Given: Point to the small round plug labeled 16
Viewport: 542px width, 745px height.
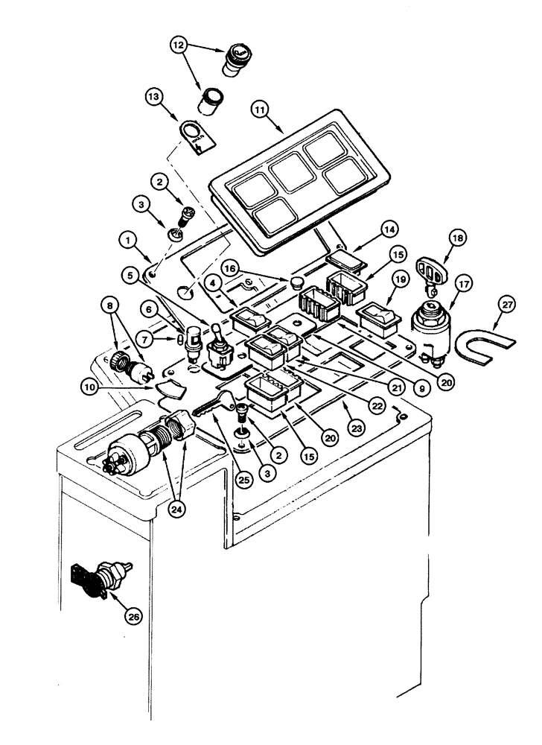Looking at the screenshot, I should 296,283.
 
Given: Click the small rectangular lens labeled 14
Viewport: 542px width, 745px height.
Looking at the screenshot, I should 344,262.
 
